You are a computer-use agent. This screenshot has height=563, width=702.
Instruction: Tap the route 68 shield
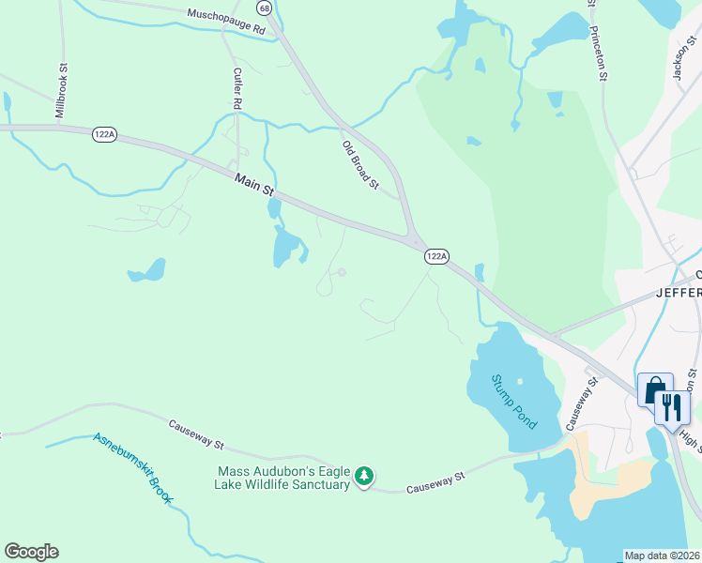pos(265,8)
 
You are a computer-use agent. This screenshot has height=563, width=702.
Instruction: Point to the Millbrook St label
pos(63,90)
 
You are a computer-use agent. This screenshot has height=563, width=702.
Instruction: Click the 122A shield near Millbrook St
pos(104,135)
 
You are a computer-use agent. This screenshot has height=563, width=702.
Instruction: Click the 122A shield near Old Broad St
pos(436,256)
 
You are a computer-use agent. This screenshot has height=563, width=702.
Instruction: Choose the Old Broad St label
pos(359,164)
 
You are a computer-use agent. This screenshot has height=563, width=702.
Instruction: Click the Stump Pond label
pos(513,402)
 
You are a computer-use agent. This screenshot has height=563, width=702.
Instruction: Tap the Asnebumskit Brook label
pos(131,467)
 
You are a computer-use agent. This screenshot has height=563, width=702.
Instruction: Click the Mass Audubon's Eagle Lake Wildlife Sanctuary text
pos(284,478)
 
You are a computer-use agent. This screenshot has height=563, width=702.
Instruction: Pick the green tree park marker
pos(364,477)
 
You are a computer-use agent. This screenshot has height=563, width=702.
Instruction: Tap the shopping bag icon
pos(654,388)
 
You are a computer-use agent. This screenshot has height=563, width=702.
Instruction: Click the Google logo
pos(31,552)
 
